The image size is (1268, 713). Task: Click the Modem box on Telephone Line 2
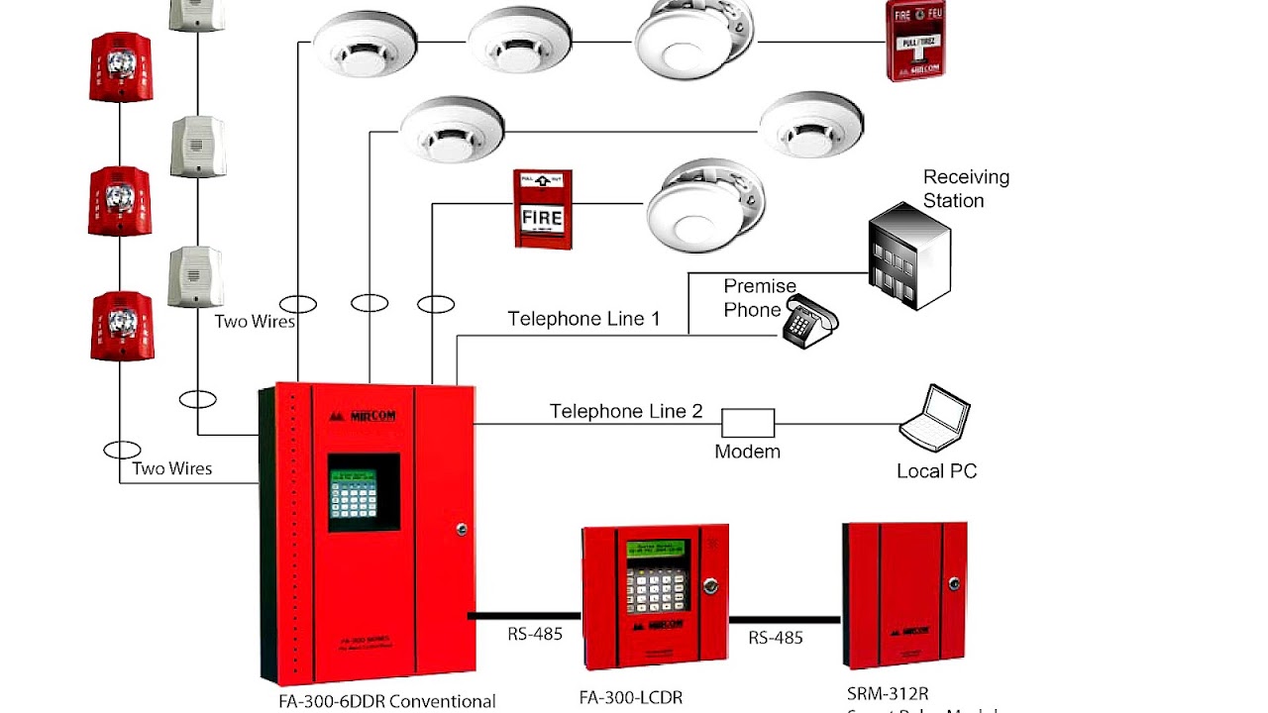point(747,423)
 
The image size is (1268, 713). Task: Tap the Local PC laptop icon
point(934,419)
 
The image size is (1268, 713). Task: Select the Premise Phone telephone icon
point(809,322)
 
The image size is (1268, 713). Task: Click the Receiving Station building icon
point(908,255)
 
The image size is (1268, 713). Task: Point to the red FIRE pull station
point(543,209)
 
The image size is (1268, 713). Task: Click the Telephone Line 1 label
point(583,319)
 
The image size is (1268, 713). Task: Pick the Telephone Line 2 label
point(626,410)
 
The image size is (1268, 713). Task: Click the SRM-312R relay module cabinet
point(904,594)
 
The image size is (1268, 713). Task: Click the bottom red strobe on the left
point(122,325)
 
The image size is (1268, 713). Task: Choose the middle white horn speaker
point(197,147)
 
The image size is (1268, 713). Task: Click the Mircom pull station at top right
point(914,40)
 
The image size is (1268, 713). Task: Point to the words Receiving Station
point(965,188)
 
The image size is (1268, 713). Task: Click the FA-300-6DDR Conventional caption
point(386,701)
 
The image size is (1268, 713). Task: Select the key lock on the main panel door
point(461,530)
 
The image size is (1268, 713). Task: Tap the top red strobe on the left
point(120,66)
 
